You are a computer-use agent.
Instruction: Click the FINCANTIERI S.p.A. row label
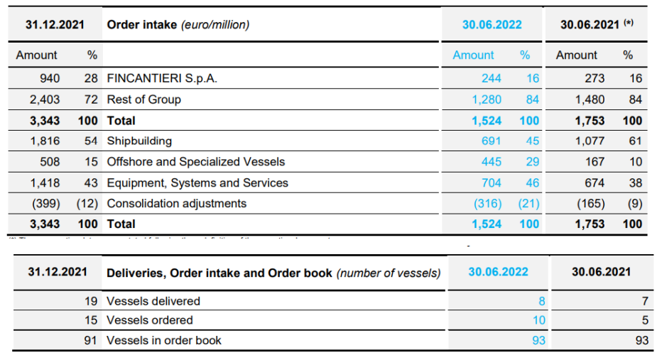[161, 79]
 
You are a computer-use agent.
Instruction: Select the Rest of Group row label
[143, 99]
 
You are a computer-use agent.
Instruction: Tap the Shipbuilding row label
[139, 141]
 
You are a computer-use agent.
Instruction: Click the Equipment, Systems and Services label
[197, 183]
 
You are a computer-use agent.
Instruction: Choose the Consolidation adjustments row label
[176, 204]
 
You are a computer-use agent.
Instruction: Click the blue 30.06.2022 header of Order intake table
[492, 25]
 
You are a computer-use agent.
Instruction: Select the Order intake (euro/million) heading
[178, 25]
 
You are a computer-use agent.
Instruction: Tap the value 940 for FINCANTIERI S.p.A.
[50, 79]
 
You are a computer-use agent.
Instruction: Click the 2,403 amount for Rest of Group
[45, 99]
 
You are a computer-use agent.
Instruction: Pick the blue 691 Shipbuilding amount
[492, 141]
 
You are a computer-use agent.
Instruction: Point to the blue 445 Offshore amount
[492, 162]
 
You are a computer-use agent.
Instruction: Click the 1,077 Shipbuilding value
[590, 141]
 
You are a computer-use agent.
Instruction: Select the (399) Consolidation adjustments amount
[45, 204]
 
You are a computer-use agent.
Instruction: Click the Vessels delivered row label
[153, 301]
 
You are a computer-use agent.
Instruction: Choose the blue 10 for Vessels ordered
[539, 320]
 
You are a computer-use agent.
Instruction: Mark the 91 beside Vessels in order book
[92, 340]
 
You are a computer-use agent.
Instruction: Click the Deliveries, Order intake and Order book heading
[273, 273]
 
